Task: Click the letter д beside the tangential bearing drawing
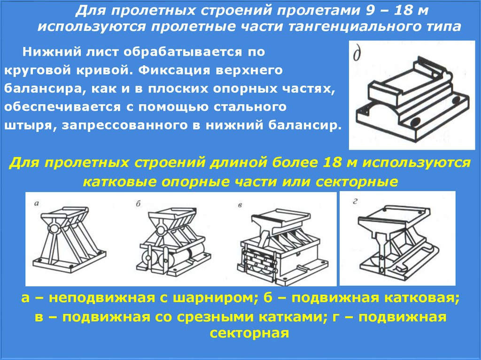pos(357,54)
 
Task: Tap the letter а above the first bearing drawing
pos(37,203)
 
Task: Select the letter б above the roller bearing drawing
pos(139,204)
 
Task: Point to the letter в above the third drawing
pos(240,205)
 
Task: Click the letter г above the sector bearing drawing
pos(355,201)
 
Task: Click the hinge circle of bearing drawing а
pos(54,229)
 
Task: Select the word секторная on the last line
pos(249,333)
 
